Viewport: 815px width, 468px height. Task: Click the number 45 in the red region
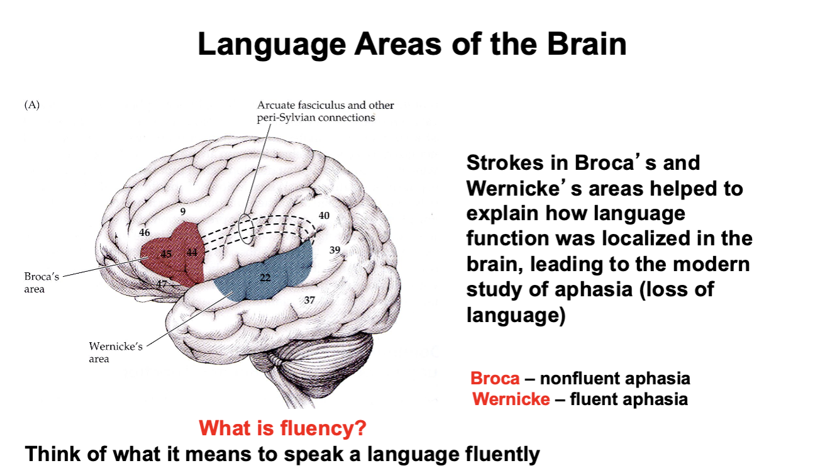tap(166, 255)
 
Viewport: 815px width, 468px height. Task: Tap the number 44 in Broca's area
tap(192, 253)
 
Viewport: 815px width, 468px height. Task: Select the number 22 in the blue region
tap(265, 278)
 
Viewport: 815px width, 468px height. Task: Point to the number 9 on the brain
tap(183, 211)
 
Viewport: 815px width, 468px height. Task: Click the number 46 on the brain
tap(145, 232)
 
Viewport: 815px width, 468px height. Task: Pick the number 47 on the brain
tap(162, 284)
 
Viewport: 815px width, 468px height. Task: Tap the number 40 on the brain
tap(324, 215)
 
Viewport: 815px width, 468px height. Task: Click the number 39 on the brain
tap(335, 250)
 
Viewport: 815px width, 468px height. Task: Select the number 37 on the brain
tap(309, 300)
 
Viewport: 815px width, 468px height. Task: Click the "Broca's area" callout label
tap(42, 283)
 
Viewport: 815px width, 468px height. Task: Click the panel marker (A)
tap(32, 105)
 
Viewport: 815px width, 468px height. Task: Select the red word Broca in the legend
tap(495, 379)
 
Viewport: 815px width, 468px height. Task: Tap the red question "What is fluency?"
tap(283, 429)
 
